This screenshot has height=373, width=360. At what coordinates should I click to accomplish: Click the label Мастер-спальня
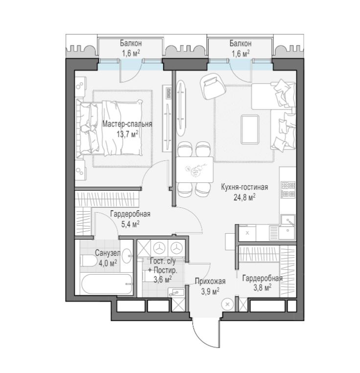point(127,124)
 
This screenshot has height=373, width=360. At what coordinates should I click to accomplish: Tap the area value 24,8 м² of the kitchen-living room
point(245,197)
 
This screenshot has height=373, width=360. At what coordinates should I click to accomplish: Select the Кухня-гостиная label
point(245,187)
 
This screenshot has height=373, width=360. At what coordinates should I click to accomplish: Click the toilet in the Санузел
point(89,261)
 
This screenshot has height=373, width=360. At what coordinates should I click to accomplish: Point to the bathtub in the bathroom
point(107,284)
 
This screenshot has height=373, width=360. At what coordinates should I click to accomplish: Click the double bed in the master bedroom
point(110,128)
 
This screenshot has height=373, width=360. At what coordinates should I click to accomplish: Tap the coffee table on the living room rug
point(249,129)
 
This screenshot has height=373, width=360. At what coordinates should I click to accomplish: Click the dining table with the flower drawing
point(195,169)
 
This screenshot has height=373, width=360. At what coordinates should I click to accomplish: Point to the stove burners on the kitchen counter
point(288,190)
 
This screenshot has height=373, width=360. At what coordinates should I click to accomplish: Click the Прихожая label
point(210,282)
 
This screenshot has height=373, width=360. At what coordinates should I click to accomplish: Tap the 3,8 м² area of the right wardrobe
point(262,288)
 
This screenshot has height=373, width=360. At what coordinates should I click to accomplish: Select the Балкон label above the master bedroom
point(131,44)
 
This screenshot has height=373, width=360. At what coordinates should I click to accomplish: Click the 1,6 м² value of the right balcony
point(241,53)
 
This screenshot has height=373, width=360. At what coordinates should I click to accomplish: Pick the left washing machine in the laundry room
point(159,248)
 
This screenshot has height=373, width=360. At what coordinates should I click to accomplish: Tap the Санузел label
point(108,253)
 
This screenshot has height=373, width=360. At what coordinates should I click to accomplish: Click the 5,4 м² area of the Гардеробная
point(131,224)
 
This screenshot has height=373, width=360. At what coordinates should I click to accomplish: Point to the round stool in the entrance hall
point(227,304)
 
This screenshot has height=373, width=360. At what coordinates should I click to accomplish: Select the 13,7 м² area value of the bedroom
point(127,134)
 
